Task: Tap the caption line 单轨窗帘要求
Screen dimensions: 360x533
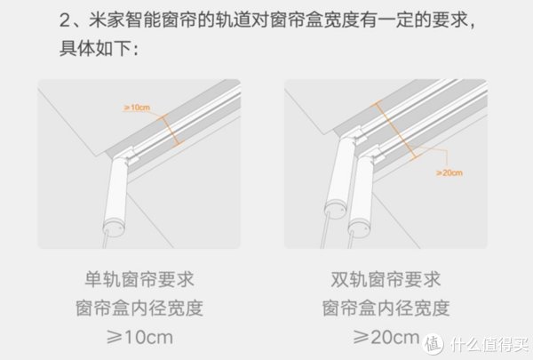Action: click(x=139, y=281)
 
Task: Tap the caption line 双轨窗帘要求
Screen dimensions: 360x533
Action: click(x=386, y=281)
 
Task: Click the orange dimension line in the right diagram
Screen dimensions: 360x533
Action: click(x=396, y=129)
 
